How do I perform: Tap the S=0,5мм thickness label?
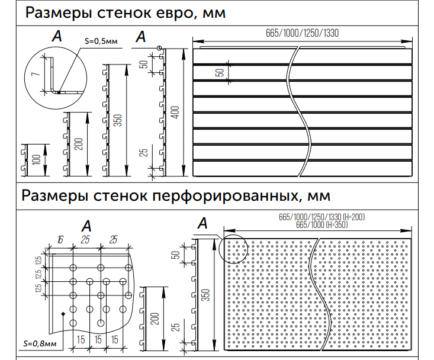[101, 41]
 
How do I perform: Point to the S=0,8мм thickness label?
[40, 343]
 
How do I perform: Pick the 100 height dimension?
[36, 160]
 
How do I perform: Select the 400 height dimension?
[175, 112]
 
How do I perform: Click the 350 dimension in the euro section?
[118, 120]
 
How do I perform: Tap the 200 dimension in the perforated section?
[155, 318]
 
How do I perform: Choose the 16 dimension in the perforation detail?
[60, 239]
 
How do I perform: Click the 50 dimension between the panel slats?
[220, 72]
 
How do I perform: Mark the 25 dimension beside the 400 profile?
[144, 153]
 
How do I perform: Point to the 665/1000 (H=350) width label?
[322, 224]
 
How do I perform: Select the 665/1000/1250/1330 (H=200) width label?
[322, 217]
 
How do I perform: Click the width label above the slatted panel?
[302, 33]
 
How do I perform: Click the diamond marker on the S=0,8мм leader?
[63, 313]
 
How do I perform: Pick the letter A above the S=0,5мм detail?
[57, 36]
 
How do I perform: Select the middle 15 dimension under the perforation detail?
[98, 339]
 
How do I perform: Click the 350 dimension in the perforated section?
[206, 295]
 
